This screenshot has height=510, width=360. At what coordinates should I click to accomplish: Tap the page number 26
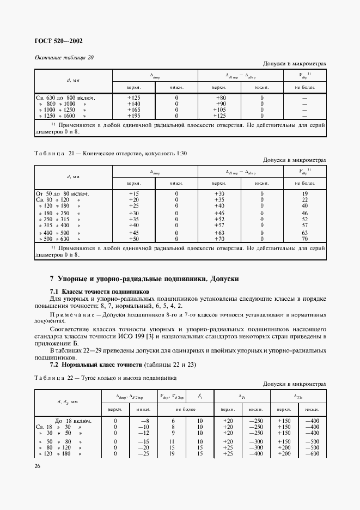point(37,465)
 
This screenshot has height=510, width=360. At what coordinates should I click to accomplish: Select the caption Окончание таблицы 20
point(64,58)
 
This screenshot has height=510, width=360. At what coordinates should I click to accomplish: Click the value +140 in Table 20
point(133,104)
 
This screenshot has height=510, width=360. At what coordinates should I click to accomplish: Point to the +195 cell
point(133,116)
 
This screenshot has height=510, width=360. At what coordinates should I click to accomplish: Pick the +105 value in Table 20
point(219,110)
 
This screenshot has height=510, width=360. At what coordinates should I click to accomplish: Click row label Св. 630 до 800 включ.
point(66,98)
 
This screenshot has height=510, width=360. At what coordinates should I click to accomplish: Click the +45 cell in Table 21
point(133,233)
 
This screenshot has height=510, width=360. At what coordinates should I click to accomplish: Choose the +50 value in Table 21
point(133,239)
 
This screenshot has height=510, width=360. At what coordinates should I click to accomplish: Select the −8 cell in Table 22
point(144,421)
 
